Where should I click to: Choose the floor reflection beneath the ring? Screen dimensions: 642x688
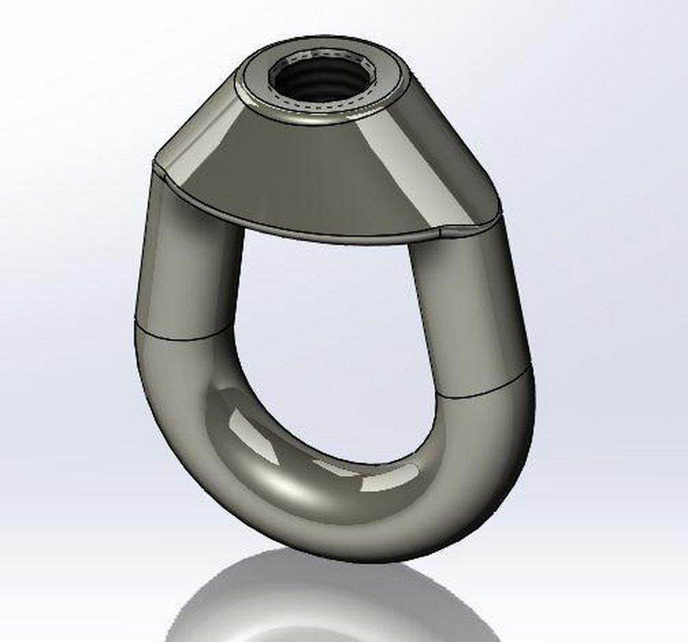pos(330,599)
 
